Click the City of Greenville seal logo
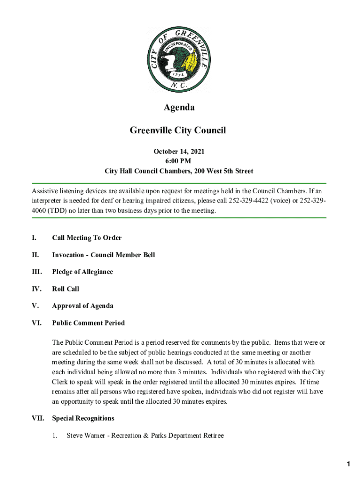[179, 59]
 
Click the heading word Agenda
[179, 108]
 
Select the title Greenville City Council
[178, 131]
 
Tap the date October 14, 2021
[179, 152]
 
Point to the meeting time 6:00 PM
[179, 161]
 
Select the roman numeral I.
[34, 238]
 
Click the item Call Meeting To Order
[87, 238]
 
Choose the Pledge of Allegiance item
[82, 272]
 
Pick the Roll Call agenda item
[65, 289]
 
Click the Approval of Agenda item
[82, 306]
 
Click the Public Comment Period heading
[88, 323]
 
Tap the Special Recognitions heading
[83, 418]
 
